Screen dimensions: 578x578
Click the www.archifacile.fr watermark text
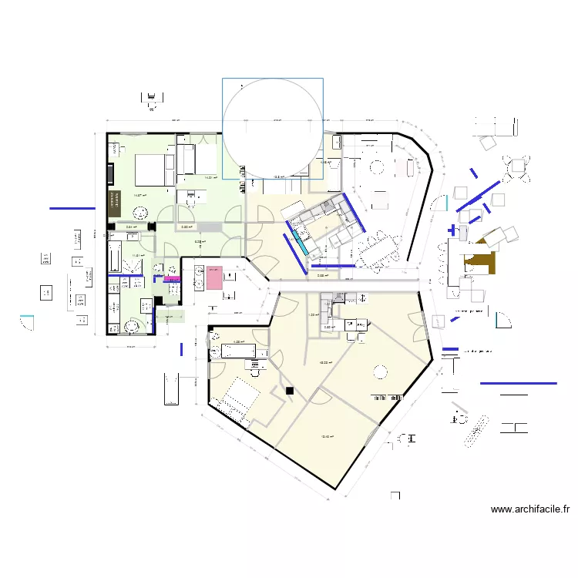(x=529, y=509)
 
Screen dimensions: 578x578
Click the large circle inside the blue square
(x=272, y=129)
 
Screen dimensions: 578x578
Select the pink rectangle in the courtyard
(x=213, y=277)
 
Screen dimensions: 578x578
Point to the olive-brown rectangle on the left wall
(x=116, y=203)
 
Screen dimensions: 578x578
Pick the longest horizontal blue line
(x=518, y=383)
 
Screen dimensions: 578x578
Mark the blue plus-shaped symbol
(x=452, y=229)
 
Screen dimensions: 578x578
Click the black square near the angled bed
(x=290, y=391)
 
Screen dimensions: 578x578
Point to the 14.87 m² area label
(x=139, y=195)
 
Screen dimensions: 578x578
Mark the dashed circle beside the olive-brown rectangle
(x=139, y=217)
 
